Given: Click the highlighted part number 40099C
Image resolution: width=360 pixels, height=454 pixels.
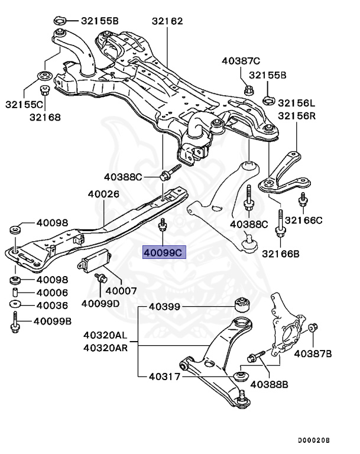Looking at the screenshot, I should pyautogui.click(x=163, y=252).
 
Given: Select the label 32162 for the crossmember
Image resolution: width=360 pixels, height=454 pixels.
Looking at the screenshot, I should pyautogui.click(x=167, y=21).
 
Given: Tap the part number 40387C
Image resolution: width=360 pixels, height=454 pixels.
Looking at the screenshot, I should pyautogui.click(x=241, y=60).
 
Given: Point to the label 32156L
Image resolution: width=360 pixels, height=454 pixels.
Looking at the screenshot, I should pyautogui.click(x=297, y=102).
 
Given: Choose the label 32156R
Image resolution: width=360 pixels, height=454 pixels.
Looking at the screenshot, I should pyautogui.click(x=297, y=116).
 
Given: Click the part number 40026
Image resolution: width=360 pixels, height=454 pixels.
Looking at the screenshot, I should pyautogui.click(x=103, y=194).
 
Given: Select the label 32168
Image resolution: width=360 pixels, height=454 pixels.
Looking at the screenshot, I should pyautogui.click(x=45, y=117).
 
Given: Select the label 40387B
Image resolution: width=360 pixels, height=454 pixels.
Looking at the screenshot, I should pyautogui.click(x=313, y=354).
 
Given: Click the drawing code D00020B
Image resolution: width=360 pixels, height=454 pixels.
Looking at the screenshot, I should pyautogui.click(x=313, y=440).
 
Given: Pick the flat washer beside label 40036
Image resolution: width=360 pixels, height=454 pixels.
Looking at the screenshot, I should pyautogui.click(x=15, y=305).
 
